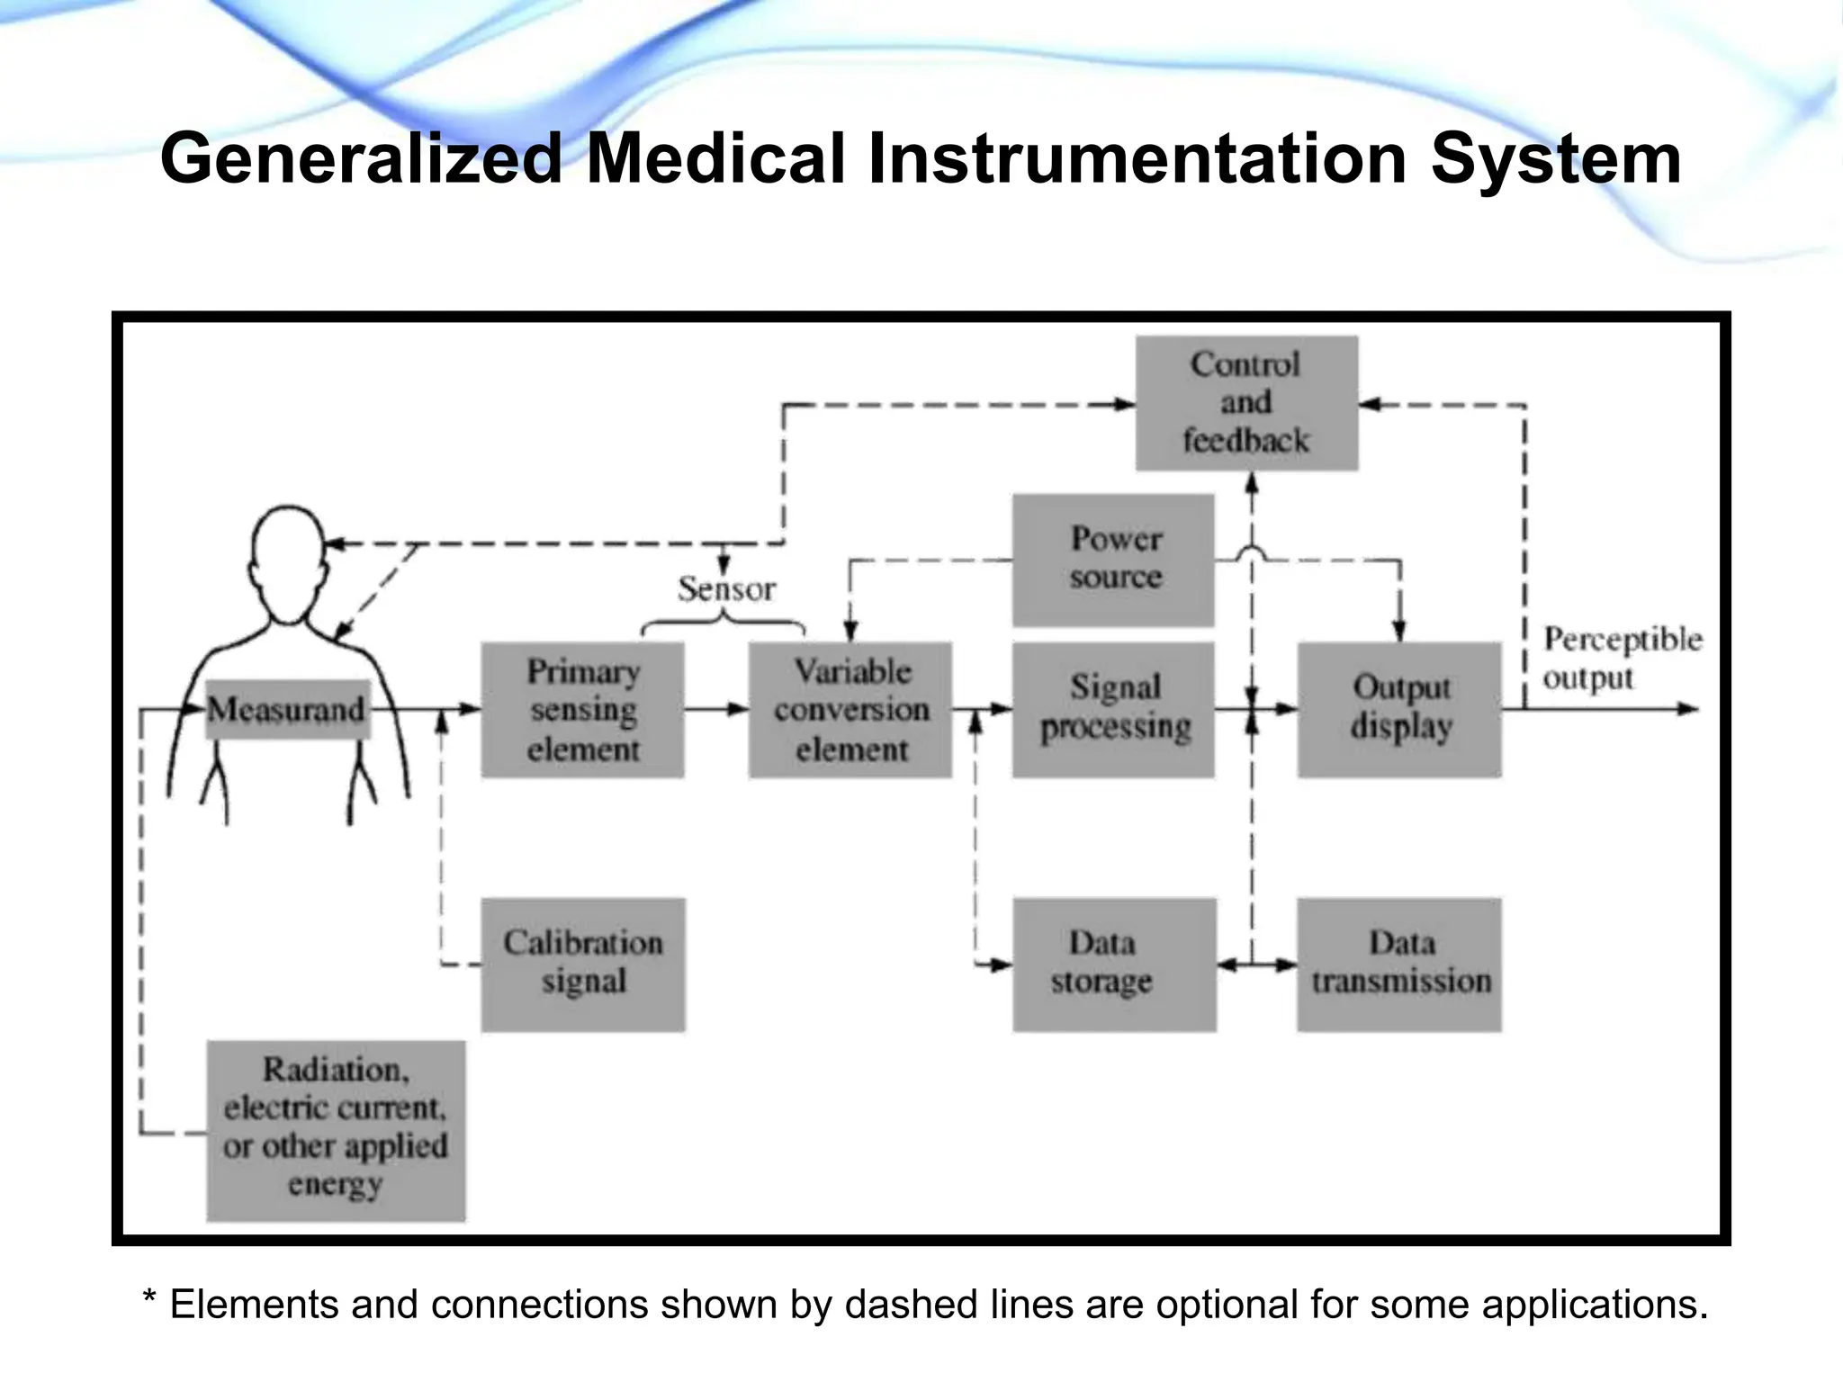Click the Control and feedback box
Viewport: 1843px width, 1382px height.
(x=1246, y=403)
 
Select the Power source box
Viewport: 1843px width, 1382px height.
(x=1113, y=559)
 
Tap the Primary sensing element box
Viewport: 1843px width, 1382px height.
(x=582, y=710)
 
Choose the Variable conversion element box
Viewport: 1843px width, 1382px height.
(x=850, y=710)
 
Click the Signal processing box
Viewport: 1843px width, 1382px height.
(x=1113, y=709)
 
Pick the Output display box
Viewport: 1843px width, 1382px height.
(x=1399, y=709)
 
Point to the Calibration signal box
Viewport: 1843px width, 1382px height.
(x=583, y=964)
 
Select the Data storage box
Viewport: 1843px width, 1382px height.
(x=1114, y=964)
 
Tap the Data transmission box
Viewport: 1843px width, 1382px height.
(x=1399, y=964)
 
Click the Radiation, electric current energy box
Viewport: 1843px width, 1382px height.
(x=336, y=1130)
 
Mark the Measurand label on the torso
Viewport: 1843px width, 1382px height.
(x=286, y=710)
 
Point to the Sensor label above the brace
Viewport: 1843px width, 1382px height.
(x=726, y=589)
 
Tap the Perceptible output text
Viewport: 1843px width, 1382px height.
(x=1622, y=658)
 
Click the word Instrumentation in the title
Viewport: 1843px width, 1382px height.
(x=1137, y=159)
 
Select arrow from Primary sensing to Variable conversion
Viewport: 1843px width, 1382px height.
(x=716, y=709)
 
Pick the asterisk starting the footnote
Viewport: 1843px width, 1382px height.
(x=150, y=1300)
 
